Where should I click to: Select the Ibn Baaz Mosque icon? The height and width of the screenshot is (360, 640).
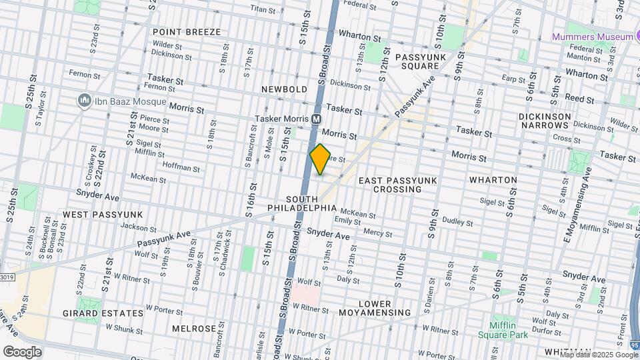coord(85,101)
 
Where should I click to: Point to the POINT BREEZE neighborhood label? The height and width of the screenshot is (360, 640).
coord(182,31)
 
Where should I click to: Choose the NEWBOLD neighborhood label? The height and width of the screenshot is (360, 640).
coord(285,89)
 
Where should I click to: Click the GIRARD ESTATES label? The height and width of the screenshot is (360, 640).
coord(103,313)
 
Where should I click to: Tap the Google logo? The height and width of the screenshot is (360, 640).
coord(21,352)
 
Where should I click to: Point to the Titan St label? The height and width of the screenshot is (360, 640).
coord(263,9)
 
